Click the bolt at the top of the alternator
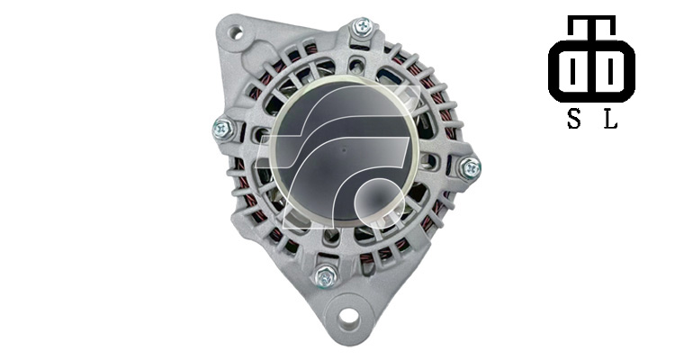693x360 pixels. point(363,27)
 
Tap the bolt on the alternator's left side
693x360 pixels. point(223,130)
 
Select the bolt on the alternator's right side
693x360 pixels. point(470,168)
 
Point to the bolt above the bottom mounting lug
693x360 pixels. point(326,277)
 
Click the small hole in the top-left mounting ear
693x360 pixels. point(235,32)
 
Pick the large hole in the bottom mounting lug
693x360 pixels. point(348,317)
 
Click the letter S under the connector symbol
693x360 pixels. point(573,119)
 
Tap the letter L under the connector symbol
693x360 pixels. point(610,119)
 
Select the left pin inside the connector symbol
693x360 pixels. point(572,71)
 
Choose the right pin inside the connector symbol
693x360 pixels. point(610,71)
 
